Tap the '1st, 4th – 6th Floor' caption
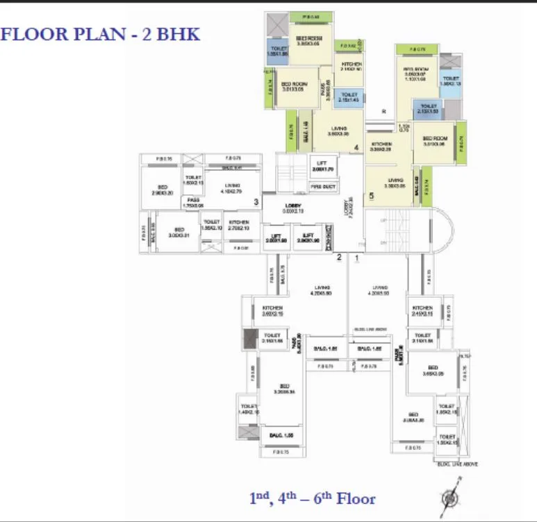tap(312, 498)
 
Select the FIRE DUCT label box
tap(322, 185)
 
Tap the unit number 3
tap(256, 203)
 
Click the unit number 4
tap(356, 148)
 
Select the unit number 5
tap(372, 196)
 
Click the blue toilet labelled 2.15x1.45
tap(349, 97)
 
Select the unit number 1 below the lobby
tap(357, 258)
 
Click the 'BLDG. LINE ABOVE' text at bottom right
tap(457, 464)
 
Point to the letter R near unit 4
tap(383, 111)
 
